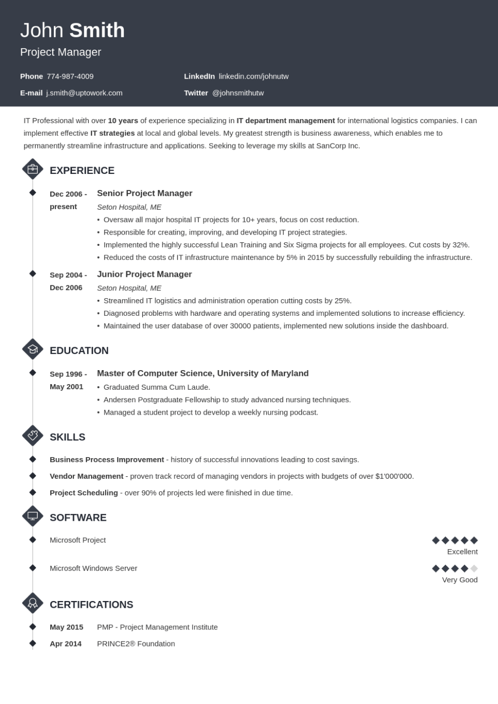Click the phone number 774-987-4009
[x=70, y=76]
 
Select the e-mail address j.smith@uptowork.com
[x=84, y=93]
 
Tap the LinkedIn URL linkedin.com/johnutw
[x=254, y=76]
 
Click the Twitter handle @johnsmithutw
[x=238, y=93]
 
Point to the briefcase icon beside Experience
[x=33, y=169]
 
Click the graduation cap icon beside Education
[x=33, y=349]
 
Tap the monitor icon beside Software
[x=33, y=516]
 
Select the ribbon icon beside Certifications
[x=33, y=603]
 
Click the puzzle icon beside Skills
[x=33, y=436]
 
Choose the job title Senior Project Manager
[x=144, y=193]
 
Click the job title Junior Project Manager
[x=144, y=274]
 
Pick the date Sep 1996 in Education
[x=68, y=374]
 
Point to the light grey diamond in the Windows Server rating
[x=474, y=568]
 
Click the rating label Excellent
[x=462, y=552]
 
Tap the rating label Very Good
[x=460, y=580]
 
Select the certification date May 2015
[x=66, y=627]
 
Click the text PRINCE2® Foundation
[x=136, y=643]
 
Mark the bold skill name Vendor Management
[x=86, y=476]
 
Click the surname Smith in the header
[x=97, y=31]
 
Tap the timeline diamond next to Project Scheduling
[x=33, y=492]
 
